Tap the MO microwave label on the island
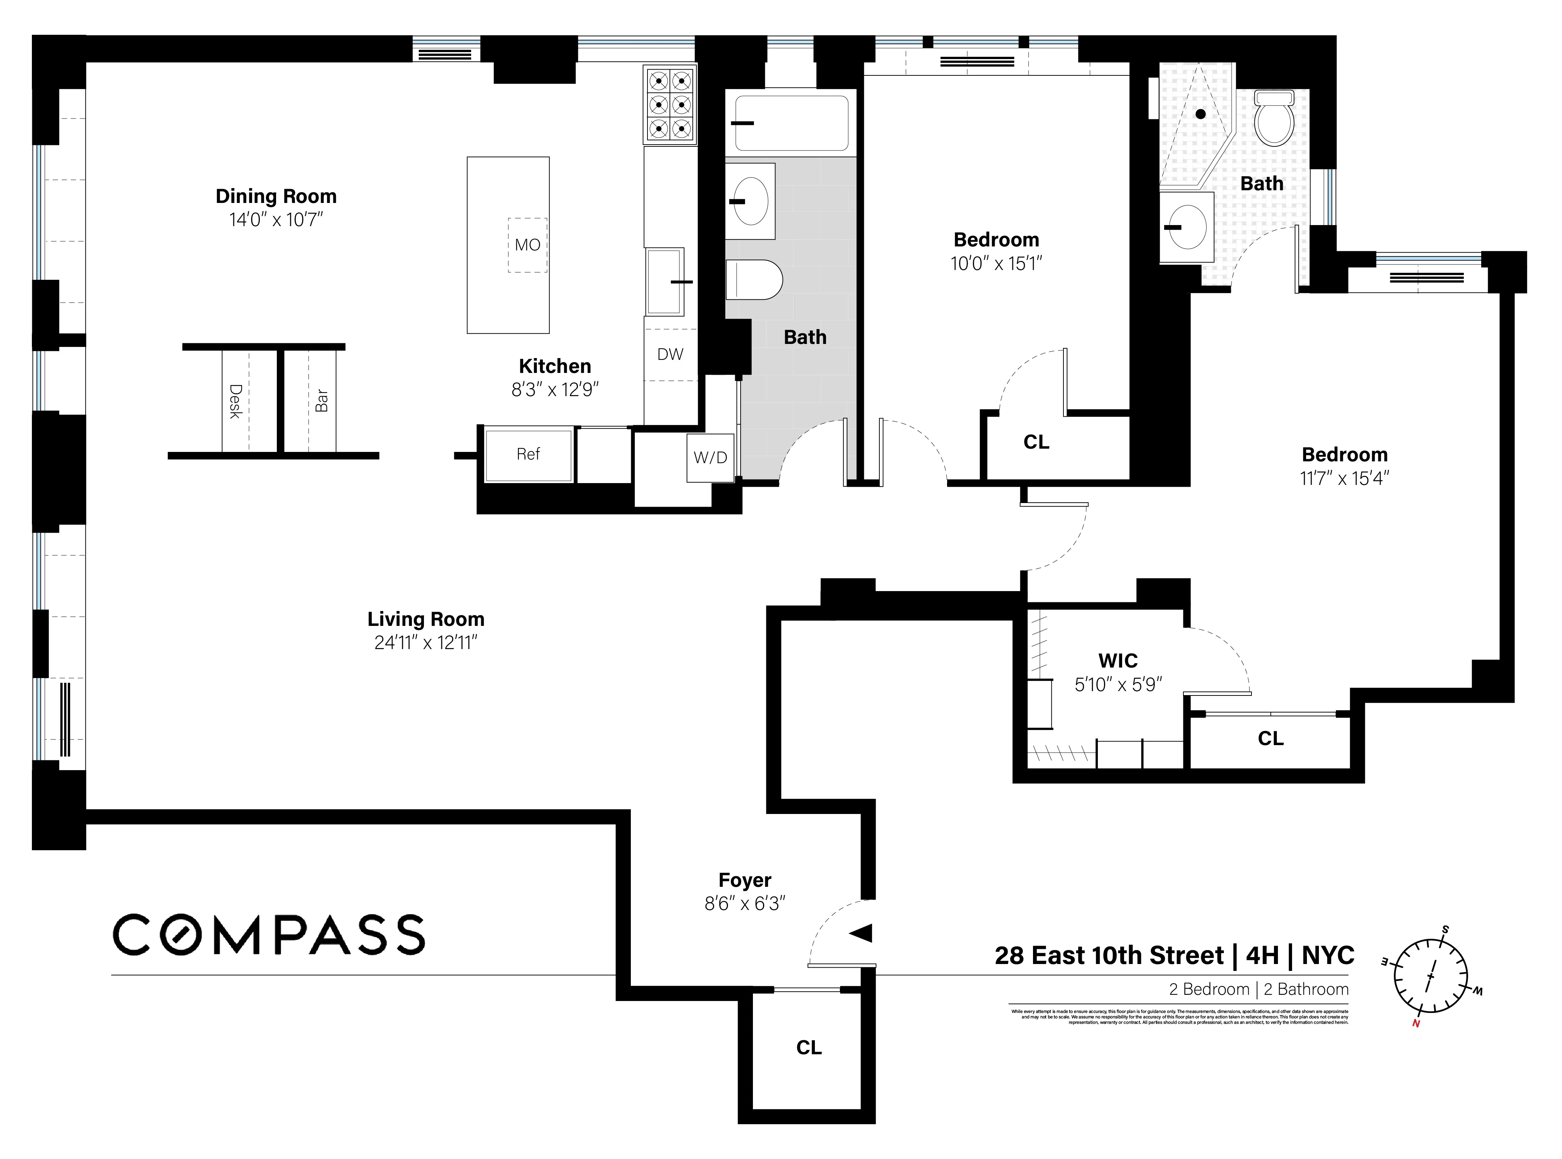(x=528, y=245)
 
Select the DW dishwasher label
(x=670, y=354)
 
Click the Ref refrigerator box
(x=528, y=454)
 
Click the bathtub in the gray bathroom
(x=791, y=124)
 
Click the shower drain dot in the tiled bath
(x=1201, y=114)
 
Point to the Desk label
(x=236, y=401)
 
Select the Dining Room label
(x=276, y=196)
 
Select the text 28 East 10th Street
(x=1109, y=956)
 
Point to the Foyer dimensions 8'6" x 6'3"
(x=745, y=903)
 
